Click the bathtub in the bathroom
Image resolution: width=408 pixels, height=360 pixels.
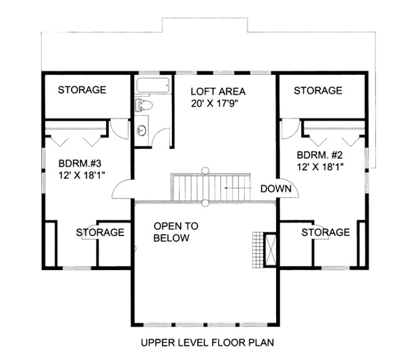153,85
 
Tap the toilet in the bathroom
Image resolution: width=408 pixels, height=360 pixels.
143,105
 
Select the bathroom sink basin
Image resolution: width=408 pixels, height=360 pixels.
142,130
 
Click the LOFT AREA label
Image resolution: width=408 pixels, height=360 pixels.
218,92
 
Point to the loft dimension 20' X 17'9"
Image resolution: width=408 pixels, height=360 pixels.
215,103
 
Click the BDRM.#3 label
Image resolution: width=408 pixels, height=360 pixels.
80,163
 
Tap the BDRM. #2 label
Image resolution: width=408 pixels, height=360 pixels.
320,155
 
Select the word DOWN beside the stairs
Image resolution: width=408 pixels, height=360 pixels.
276,189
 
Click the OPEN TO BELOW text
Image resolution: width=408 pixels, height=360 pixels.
176,232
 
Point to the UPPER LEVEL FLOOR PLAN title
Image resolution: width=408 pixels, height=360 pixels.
207,342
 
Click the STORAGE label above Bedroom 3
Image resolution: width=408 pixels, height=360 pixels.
82,90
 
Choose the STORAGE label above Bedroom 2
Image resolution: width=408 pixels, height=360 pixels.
318,91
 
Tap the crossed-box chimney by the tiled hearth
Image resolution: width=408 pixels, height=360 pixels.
270,250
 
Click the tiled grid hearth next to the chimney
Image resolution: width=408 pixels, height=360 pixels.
258,250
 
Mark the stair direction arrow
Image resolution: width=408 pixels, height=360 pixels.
238,188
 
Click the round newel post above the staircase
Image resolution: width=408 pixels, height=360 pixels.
205,171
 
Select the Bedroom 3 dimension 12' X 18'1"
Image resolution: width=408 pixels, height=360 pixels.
82,176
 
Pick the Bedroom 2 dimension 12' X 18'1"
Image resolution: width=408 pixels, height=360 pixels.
320,167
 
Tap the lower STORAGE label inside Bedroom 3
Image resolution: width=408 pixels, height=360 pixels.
100,232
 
